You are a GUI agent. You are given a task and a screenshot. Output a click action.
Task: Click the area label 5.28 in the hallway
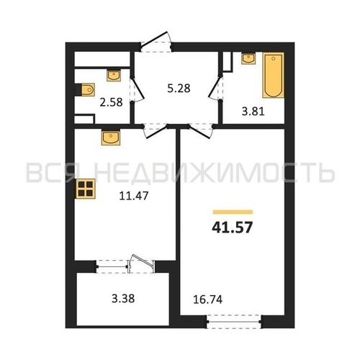[x=179, y=89]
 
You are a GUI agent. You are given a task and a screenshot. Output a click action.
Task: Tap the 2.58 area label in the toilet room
[x=111, y=102]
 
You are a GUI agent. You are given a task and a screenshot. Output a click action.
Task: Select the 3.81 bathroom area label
[x=253, y=112]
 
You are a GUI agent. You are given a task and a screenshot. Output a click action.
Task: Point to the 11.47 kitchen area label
[x=134, y=196]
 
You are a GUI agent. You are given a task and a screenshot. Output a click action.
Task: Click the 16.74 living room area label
[x=208, y=300]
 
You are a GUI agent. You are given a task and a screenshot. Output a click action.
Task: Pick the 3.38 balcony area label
[x=123, y=299]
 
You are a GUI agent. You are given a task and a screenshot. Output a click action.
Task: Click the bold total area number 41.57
[x=233, y=228]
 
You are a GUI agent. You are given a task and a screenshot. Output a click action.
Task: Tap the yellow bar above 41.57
[x=233, y=212]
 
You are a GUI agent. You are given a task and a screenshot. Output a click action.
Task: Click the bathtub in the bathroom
[x=274, y=75]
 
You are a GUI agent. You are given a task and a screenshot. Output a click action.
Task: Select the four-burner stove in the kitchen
[x=86, y=189]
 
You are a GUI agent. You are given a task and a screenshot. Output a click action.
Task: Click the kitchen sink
[x=111, y=138]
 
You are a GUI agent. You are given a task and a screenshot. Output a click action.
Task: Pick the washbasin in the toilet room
[x=114, y=75]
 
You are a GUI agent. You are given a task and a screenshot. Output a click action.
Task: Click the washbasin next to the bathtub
[x=248, y=58]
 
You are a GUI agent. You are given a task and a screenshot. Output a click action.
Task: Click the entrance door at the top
[x=156, y=42]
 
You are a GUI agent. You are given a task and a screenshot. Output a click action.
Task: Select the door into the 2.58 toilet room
[x=137, y=89]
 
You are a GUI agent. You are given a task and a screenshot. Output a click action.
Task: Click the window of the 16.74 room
[x=234, y=322]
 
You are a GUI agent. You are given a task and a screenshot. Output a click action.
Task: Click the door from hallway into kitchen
[x=156, y=131]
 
